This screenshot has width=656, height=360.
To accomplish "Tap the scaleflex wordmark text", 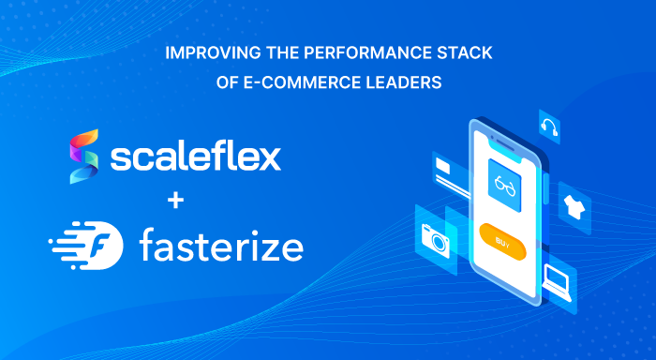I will tap(195, 157).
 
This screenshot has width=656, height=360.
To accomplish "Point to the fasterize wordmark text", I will tap(221, 247).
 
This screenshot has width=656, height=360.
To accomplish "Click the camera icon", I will tap(436, 238).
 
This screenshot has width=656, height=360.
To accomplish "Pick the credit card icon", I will tap(444, 170).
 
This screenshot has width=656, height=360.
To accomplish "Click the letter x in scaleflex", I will tap(269, 157).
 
